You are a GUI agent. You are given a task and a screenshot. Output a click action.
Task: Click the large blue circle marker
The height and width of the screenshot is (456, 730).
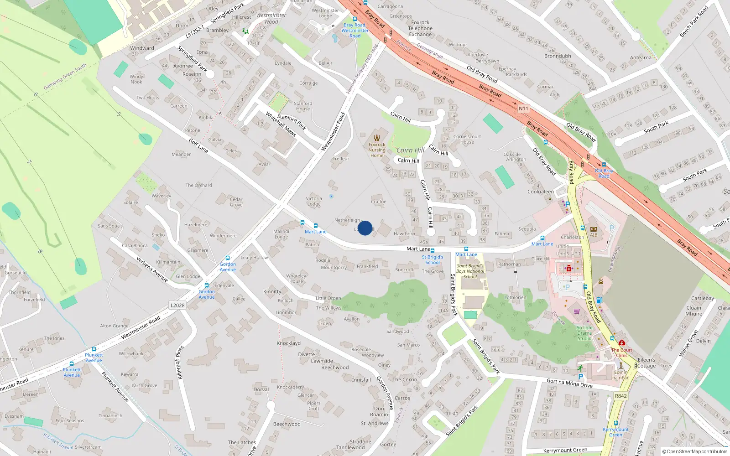[x=365, y=228]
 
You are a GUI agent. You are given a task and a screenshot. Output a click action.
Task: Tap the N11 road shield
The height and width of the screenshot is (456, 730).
[x=523, y=109]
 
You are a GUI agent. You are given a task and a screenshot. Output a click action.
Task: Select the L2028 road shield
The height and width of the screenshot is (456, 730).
[x=177, y=306]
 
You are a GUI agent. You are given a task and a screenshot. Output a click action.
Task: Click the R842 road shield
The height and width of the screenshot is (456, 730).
[x=620, y=396]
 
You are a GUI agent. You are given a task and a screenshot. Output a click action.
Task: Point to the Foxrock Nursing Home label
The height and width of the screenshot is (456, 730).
[x=377, y=150]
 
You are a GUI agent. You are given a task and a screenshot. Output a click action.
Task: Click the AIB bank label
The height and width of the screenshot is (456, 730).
[x=594, y=235]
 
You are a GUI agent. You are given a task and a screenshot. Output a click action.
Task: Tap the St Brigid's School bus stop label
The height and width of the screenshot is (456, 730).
[x=433, y=259]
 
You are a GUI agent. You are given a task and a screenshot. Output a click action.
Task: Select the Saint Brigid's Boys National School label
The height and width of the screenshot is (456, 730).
[x=470, y=271]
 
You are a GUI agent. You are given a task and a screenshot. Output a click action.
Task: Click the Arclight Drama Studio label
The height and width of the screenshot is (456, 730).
[x=584, y=333]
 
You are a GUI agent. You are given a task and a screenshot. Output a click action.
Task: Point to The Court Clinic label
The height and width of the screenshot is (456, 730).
[x=621, y=352]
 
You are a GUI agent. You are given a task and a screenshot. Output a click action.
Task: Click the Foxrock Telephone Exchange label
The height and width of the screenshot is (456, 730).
[x=420, y=28]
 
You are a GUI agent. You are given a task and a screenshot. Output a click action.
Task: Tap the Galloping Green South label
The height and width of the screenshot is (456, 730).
[x=65, y=77]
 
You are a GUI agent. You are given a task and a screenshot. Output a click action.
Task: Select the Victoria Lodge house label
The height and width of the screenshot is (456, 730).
[x=314, y=201]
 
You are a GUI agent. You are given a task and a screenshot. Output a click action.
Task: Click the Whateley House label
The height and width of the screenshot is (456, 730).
[x=296, y=278]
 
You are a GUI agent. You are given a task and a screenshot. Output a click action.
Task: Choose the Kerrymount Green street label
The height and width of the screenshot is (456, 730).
[x=565, y=450]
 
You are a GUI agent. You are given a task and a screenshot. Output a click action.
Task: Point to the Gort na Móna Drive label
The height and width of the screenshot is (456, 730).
[x=569, y=383]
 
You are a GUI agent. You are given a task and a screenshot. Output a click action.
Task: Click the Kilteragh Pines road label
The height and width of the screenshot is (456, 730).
[x=180, y=363]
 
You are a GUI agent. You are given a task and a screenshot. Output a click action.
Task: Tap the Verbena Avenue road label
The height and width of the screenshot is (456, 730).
[x=152, y=269]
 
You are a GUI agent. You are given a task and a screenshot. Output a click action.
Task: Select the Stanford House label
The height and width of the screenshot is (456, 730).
[x=303, y=106]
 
